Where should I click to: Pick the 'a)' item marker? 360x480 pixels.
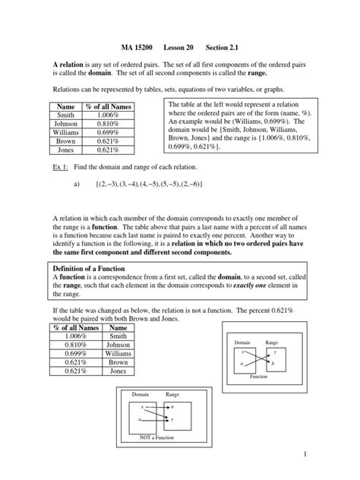point(76,185)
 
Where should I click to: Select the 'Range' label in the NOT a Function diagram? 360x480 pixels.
point(172,395)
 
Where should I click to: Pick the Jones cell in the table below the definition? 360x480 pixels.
point(118,371)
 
